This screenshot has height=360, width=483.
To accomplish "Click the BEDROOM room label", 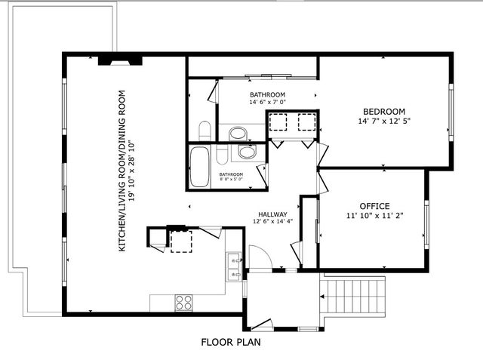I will click(384, 110).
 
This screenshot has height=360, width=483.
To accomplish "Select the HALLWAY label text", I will click(271, 212).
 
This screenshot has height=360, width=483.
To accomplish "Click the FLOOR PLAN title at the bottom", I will click(231, 342).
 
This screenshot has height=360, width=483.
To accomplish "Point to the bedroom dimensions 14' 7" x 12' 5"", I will click(384, 121).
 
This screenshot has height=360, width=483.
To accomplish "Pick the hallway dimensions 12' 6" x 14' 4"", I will click(271, 221).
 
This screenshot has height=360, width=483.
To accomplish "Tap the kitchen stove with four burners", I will click(184, 302).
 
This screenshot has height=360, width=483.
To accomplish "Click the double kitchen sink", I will click(234, 261).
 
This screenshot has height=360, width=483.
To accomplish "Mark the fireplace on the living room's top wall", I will click(119, 60).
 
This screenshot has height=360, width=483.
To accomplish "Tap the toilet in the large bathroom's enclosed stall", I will click(204, 130).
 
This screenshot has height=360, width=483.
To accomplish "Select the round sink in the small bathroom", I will click(247, 152).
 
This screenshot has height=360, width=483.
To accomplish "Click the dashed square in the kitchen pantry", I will click(180, 242).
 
